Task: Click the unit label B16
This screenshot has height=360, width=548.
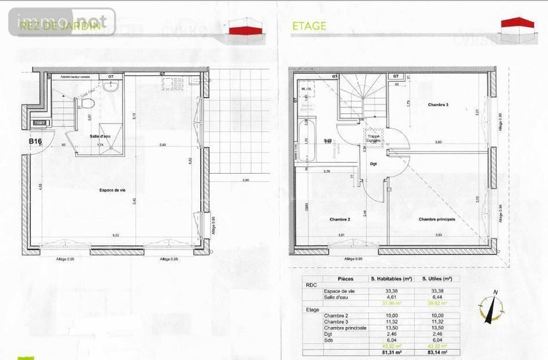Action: tap(35, 141)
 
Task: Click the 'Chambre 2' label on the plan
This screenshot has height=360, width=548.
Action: tap(340, 219)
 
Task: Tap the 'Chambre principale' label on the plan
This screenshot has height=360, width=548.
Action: tap(437, 219)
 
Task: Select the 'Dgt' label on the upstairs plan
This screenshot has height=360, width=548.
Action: tap(373, 164)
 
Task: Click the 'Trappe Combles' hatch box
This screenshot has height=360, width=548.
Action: tap(374, 138)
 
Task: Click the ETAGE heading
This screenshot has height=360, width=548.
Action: tap(309, 26)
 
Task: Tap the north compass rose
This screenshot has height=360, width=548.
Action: tap(491, 305)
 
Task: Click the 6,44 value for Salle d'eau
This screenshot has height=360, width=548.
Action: tap(438, 298)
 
